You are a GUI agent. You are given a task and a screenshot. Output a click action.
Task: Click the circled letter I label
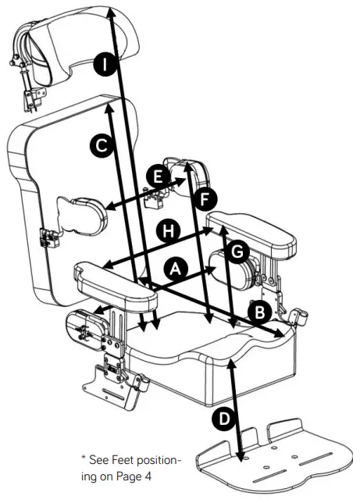[104, 65]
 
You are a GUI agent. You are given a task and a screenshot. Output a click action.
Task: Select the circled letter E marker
[159, 177]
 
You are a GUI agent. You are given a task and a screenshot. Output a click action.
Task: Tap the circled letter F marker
[204, 199]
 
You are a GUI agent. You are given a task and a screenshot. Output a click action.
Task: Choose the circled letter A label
[176, 268]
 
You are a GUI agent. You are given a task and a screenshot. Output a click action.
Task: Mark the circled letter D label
[223, 419]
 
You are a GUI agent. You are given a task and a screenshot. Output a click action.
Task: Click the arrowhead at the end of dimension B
[279, 334]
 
